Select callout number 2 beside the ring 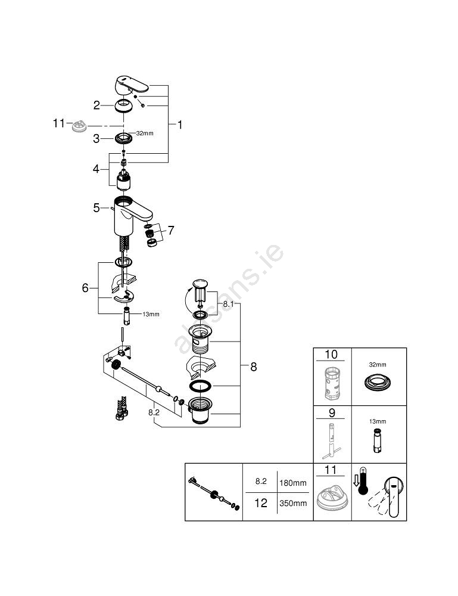click(96, 105)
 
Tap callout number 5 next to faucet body click(96, 208)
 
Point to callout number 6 click(85, 288)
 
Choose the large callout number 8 click(253, 367)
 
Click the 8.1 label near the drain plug click(230, 304)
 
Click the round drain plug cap click(200, 283)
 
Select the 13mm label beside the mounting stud click(151, 314)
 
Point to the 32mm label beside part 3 click(145, 134)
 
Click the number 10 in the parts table click(331, 355)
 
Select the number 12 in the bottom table click(261, 503)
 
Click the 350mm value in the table click(293, 503)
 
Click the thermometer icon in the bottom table click(360, 484)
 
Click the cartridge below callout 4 click(124, 178)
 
